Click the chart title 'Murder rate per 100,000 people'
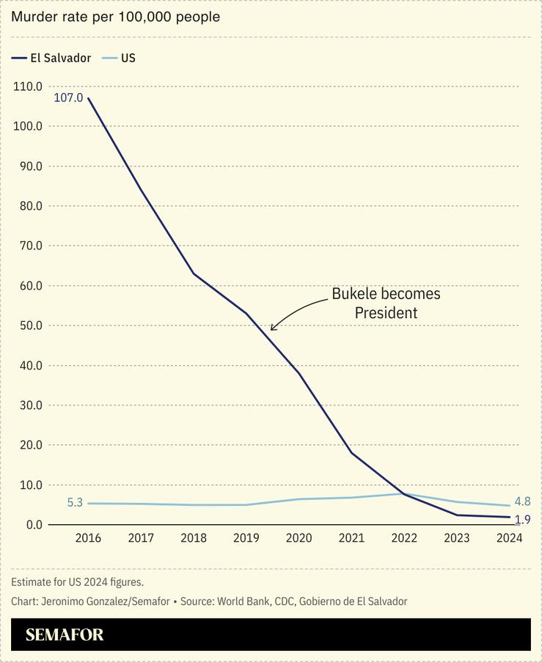coord(115,16)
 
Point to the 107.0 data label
coord(68,98)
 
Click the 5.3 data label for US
coord(75,503)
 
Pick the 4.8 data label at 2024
coord(522,502)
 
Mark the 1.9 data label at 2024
coord(522,520)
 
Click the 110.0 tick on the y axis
coord(28,87)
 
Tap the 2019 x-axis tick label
coord(246,538)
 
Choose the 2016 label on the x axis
coord(88,538)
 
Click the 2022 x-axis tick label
coord(404,538)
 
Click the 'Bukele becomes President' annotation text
coord(386,303)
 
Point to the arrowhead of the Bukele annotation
coord(272,328)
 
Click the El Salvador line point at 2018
coord(194,273)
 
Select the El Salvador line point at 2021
coord(351,453)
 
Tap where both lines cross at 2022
coord(404,493)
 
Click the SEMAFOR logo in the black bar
coord(65,635)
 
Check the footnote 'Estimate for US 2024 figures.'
coord(77,582)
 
